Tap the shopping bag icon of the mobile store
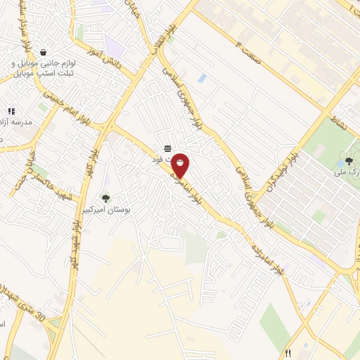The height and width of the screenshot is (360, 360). tap(44, 52)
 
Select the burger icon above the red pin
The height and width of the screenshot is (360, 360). tap(167, 148)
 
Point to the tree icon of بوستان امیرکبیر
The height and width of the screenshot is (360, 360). tap(105, 198)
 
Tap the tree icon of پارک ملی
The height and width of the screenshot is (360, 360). tap(349, 162)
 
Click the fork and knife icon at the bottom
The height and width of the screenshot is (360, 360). tap(287, 353)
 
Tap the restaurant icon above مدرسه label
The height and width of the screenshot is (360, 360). tap(11, 111)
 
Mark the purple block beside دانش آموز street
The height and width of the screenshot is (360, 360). tap(113, 46)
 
